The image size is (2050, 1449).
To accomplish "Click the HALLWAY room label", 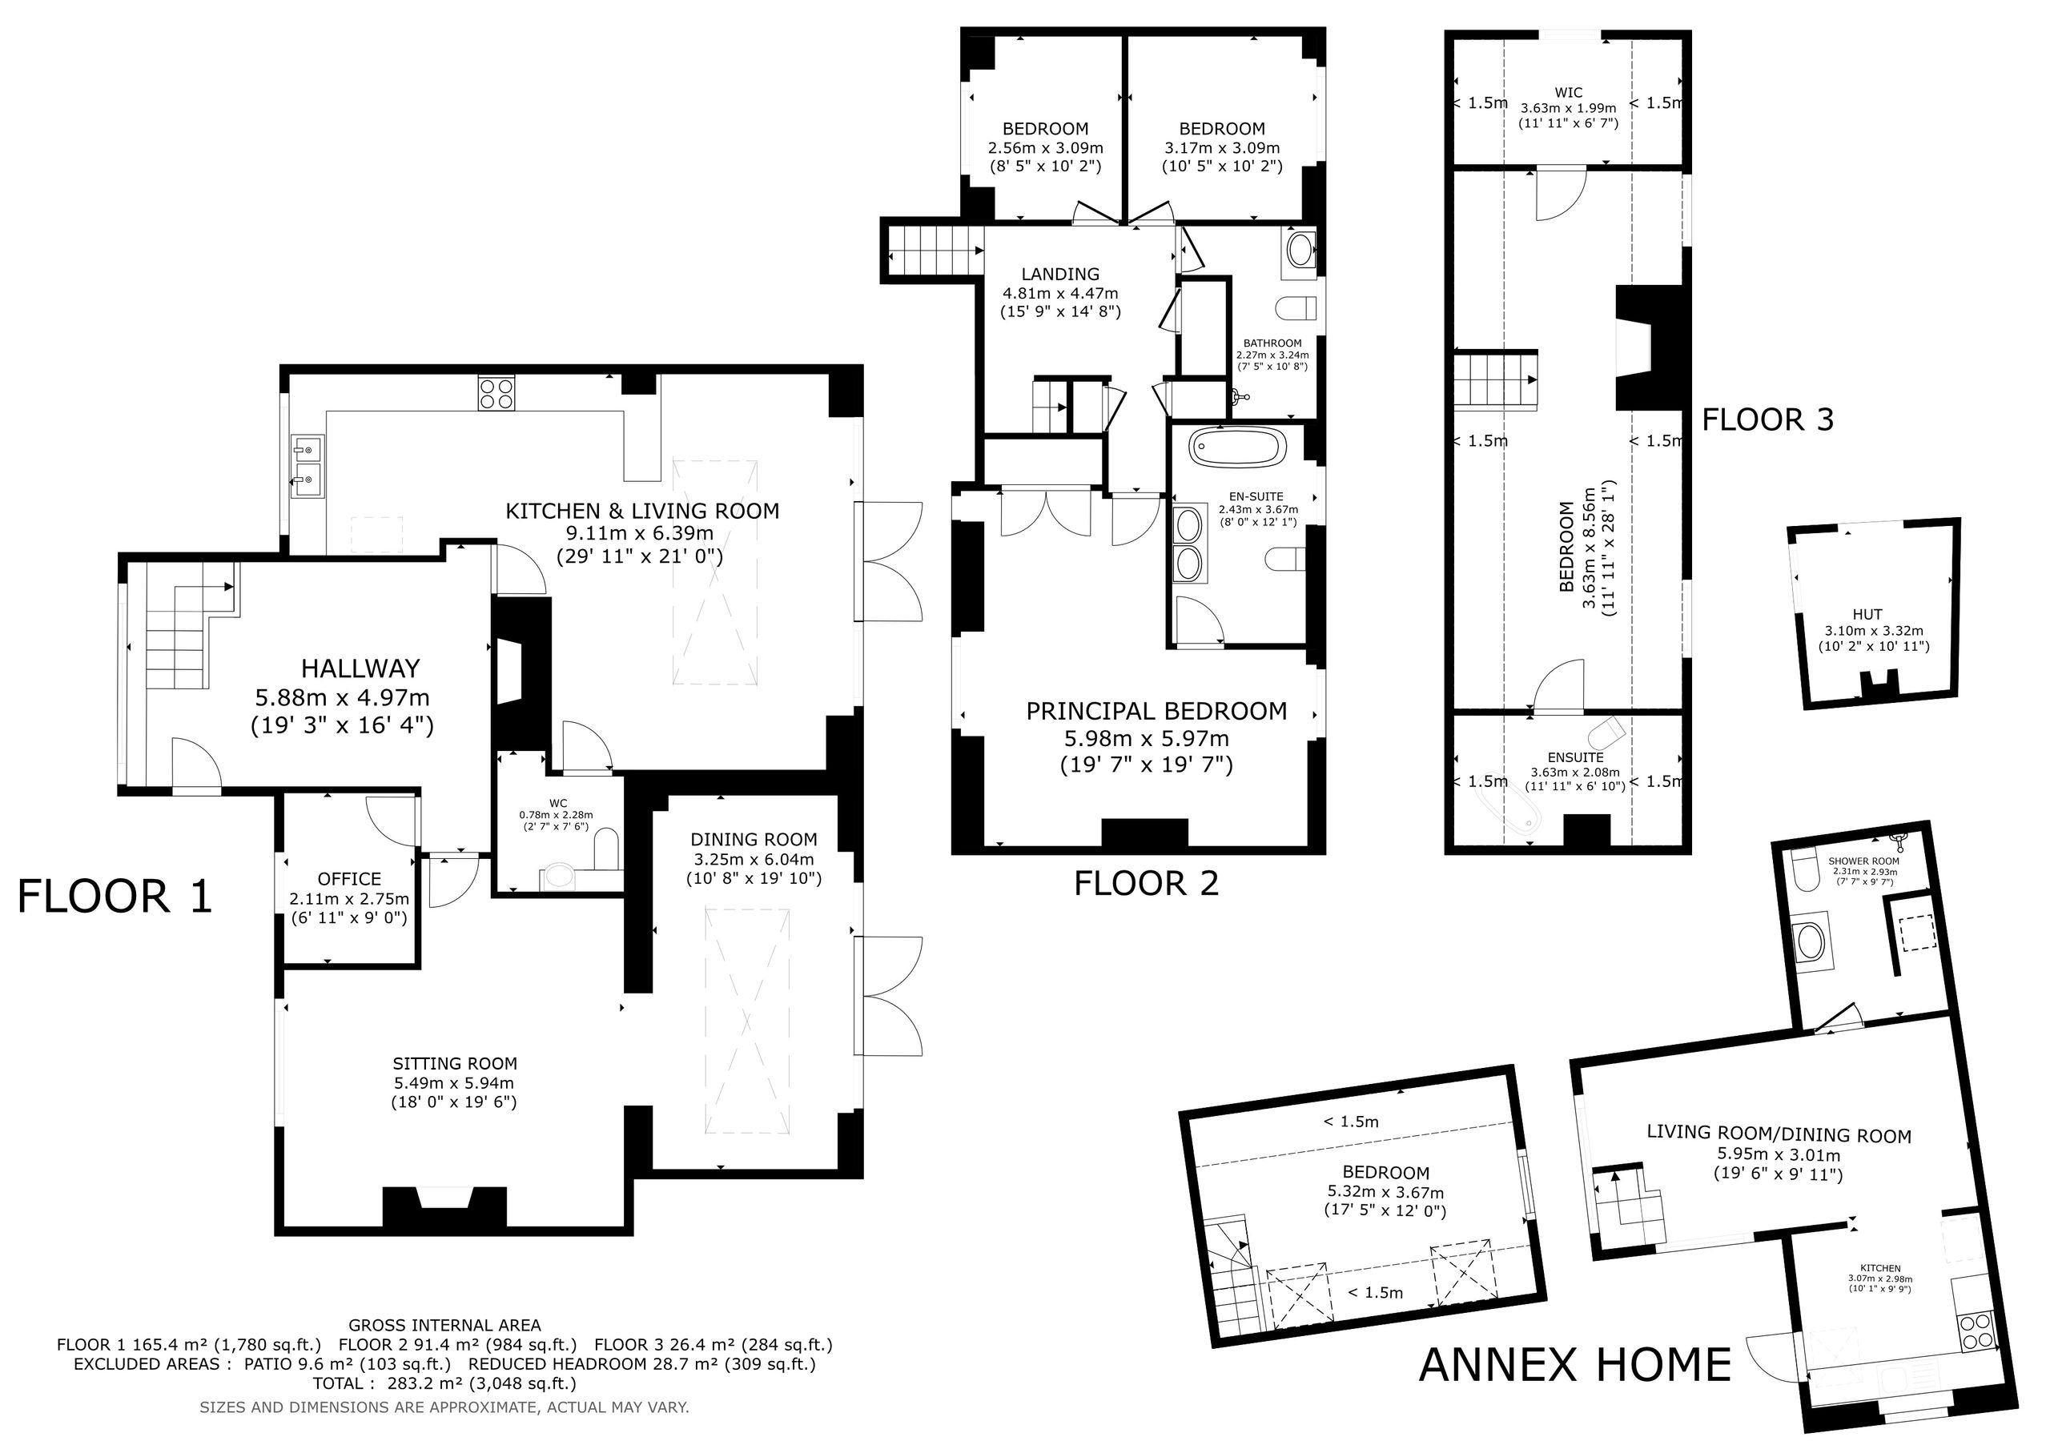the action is tap(360, 668).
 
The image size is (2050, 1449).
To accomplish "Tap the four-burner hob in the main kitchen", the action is tap(496, 394).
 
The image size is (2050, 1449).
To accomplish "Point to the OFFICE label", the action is tap(349, 879).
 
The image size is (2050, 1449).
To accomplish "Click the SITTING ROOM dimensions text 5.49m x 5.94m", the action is tap(455, 1083).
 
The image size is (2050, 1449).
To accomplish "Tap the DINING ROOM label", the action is tap(754, 840).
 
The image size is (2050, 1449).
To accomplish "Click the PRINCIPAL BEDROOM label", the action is tap(1156, 712).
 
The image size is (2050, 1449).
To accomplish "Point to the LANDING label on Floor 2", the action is tap(1061, 274).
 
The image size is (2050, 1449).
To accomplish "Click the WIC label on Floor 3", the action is tap(1568, 93).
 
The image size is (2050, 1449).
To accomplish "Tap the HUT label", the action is tap(1867, 614).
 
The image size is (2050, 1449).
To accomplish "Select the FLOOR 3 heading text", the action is tap(1767, 419).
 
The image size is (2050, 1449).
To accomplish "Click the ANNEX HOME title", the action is tap(1575, 1365).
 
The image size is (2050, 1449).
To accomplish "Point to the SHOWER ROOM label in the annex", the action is tap(1863, 861).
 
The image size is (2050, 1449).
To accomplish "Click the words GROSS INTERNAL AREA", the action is tap(444, 1326).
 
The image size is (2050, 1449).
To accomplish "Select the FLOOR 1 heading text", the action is tap(115, 897).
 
